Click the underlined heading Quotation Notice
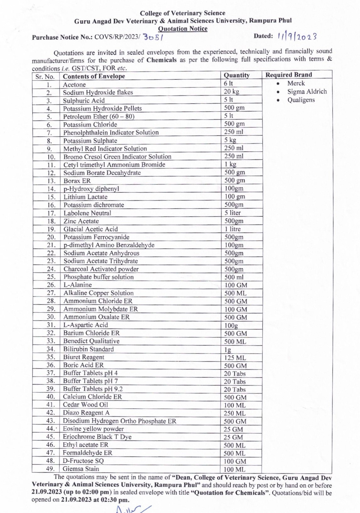(183, 29)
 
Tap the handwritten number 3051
(153, 37)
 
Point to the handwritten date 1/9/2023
(297, 36)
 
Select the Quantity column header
(237, 75)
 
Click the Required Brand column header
(288, 75)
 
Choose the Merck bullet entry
(296, 83)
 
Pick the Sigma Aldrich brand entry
(307, 92)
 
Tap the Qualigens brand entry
(301, 100)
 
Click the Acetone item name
(74, 84)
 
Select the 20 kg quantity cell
(232, 91)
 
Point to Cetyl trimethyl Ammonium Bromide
(114, 165)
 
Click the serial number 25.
(51, 277)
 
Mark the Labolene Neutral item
(87, 213)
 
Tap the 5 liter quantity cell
(232, 213)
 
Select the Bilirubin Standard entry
(88, 349)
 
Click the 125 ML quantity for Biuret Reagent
(235, 358)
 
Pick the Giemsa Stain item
(81, 469)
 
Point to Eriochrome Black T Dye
(97, 437)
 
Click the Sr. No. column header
(45, 77)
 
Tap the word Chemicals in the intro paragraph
(161, 60)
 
